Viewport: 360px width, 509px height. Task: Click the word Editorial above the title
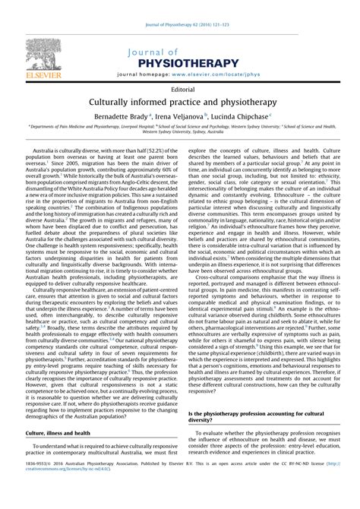[x=180, y=89]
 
